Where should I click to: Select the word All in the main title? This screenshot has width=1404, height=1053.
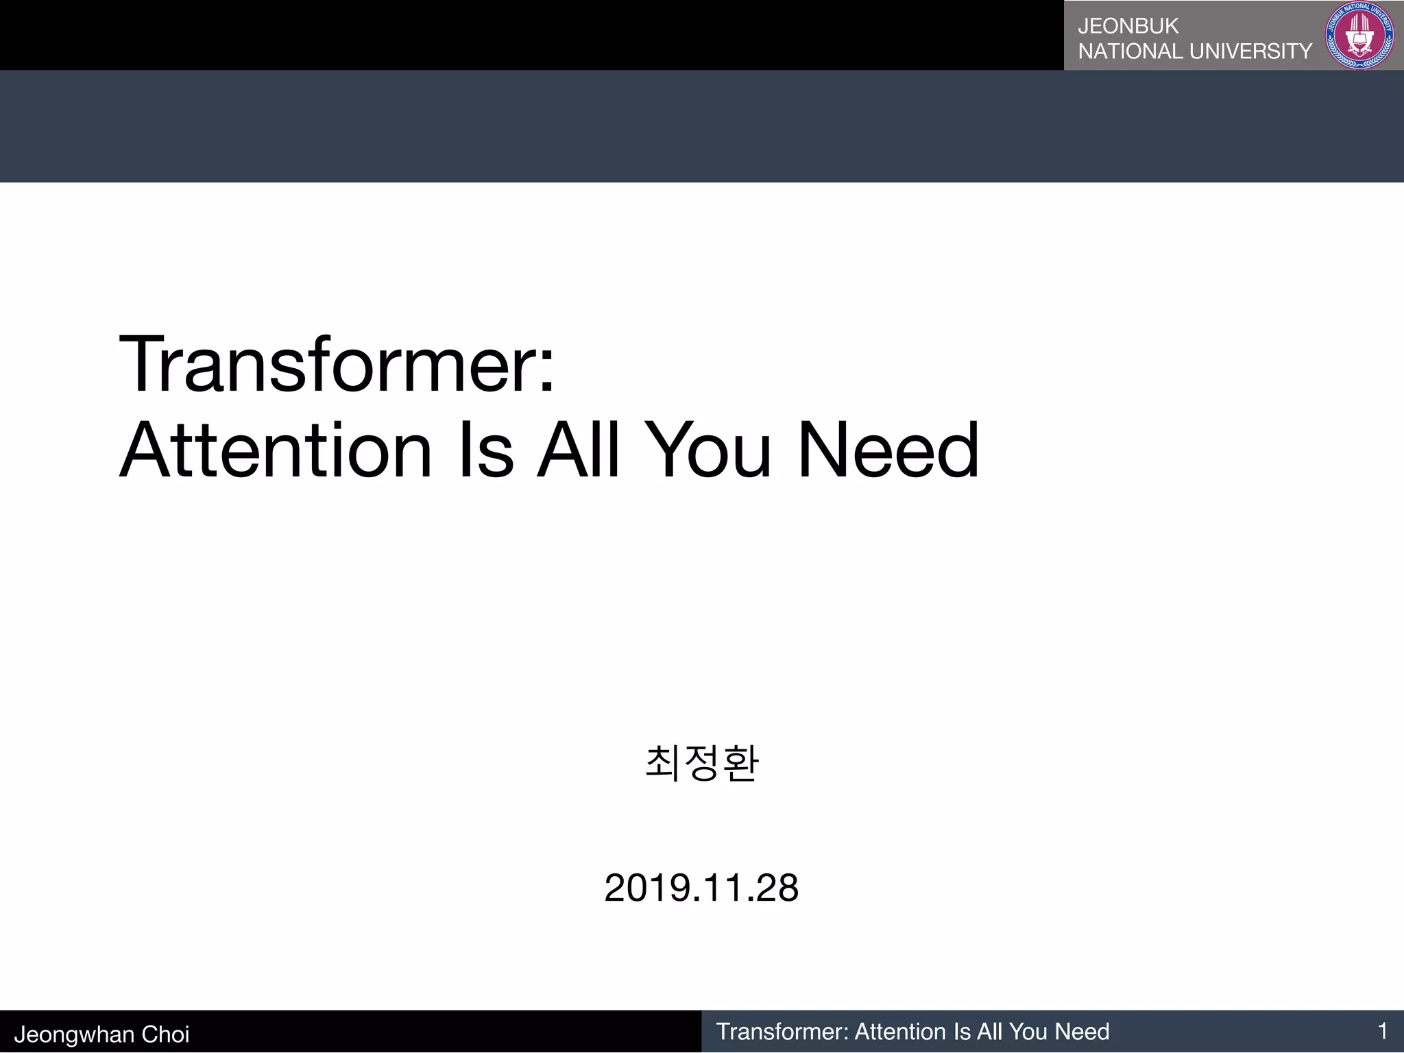click(x=578, y=450)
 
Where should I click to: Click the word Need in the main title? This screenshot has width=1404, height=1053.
click(x=888, y=450)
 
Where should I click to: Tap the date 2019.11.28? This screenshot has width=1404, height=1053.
click(x=701, y=888)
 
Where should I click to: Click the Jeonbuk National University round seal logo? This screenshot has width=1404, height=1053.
click(x=1359, y=35)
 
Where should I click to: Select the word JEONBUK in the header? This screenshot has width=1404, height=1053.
click(x=1128, y=26)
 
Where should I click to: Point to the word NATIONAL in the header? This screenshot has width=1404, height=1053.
click(x=1130, y=51)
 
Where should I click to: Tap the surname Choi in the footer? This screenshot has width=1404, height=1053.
click(x=165, y=1034)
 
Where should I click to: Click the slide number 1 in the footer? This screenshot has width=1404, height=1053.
click(x=1382, y=1031)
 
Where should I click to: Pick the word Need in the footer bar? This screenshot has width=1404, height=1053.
click(x=1082, y=1032)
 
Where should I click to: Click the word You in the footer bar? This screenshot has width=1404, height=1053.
click(x=1028, y=1032)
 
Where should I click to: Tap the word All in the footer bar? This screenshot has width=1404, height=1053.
click(x=990, y=1032)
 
